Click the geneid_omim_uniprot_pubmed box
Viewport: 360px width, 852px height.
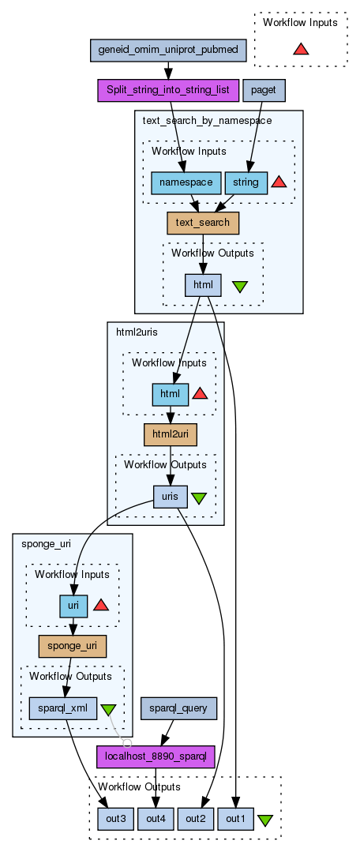[x=168, y=50]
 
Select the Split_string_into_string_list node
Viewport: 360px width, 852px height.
[x=168, y=90]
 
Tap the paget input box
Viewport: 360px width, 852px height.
[x=264, y=90]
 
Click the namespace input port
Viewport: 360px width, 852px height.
[x=186, y=182]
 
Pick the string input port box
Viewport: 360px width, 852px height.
[x=246, y=182]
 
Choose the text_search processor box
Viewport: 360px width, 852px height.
[x=203, y=223]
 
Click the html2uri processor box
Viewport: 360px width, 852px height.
[x=170, y=435]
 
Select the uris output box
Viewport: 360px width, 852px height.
[x=171, y=497]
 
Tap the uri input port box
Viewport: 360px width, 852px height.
[x=73, y=606]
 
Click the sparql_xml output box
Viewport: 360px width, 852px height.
[x=62, y=708]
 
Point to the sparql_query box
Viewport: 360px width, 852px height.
[x=178, y=708]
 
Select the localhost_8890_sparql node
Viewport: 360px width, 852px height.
[x=156, y=757]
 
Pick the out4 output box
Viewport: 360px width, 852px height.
[x=156, y=819]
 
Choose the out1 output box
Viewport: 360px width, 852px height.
[x=235, y=819]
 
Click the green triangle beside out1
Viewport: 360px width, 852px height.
[x=264, y=820]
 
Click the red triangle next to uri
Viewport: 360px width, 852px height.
[x=100, y=605]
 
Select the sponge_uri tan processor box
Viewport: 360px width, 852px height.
[x=72, y=646]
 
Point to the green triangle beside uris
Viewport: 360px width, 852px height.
[x=199, y=497]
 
